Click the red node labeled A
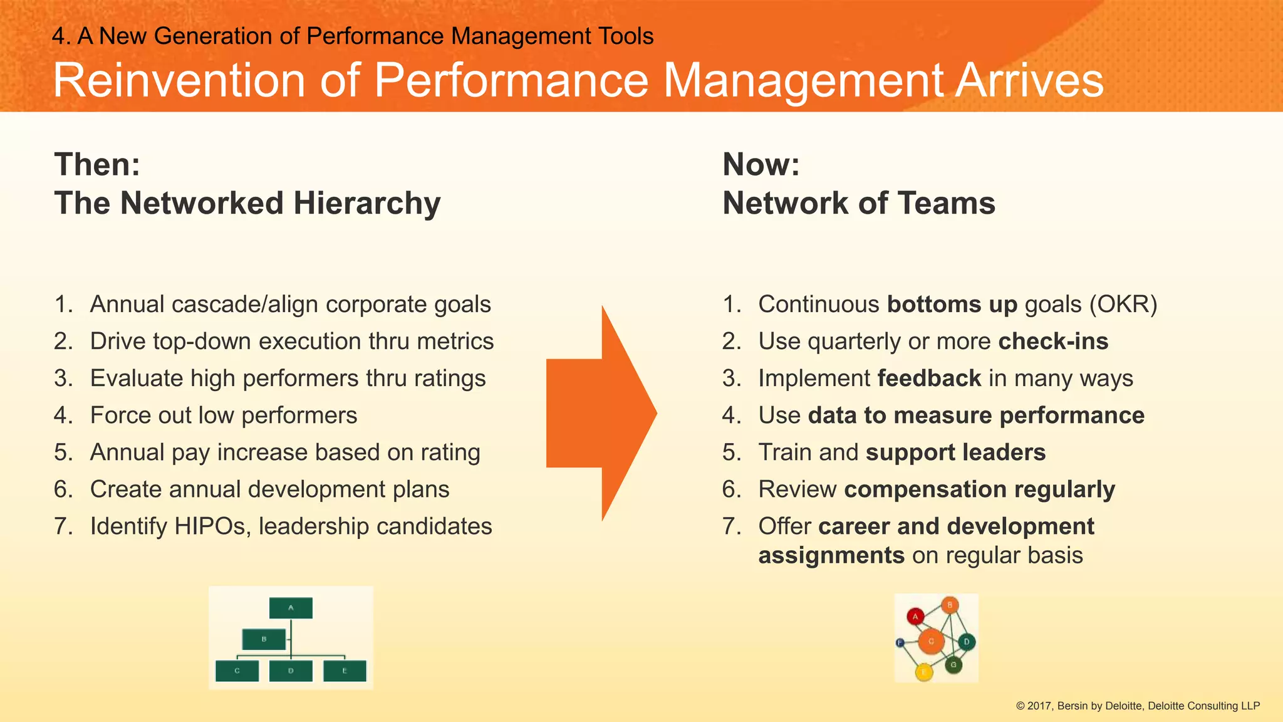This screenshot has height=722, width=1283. point(915,617)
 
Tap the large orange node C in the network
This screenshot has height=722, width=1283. point(931,641)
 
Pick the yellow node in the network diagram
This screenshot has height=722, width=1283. point(924,672)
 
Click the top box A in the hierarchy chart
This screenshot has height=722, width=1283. point(291,608)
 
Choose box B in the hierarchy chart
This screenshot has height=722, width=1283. point(264,639)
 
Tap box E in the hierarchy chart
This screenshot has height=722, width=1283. point(345,671)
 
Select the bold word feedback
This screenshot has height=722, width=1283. point(929,379)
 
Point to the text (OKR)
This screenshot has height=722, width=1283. point(1123,305)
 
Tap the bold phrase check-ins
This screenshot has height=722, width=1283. point(1053,342)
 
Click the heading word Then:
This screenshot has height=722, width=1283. point(97,165)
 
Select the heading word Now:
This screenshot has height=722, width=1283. point(761,165)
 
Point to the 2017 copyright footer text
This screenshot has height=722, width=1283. point(1137,706)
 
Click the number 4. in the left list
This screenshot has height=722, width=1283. point(63,416)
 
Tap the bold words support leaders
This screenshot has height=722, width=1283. point(955,453)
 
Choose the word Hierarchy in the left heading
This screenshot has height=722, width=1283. point(367,204)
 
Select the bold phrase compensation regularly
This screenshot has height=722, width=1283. point(979,489)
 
